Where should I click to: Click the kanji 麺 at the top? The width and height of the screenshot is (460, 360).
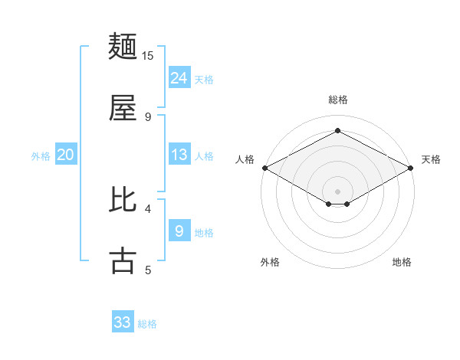(123, 47)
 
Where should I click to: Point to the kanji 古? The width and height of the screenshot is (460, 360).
(123, 260)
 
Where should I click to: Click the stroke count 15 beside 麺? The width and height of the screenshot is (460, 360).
(148, 56)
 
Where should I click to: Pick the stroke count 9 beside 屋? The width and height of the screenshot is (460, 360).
(148, 116)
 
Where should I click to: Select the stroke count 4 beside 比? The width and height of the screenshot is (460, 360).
(148, 208)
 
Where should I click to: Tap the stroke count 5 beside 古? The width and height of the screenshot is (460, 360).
(148, 269)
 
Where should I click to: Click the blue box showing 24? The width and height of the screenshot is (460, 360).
(179, 77)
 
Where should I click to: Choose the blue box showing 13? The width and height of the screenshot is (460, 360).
(179, 155)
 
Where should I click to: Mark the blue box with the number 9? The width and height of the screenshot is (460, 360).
(179, 231)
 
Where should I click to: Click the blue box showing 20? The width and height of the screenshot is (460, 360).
(66, 155)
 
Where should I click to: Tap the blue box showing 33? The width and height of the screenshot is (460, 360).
(123, 322)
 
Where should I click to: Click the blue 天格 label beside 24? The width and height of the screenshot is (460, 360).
(204, 79)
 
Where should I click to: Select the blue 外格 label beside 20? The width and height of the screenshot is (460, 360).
(41, 156)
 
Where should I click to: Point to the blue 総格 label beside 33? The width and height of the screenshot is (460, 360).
(147, 324)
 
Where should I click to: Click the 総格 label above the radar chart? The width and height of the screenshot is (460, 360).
(337, 100)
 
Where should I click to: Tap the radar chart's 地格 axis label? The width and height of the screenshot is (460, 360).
(402, 262)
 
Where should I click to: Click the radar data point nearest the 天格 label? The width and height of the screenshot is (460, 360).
(411, 168)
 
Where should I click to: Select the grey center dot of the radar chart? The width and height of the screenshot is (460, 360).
(337, 191)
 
